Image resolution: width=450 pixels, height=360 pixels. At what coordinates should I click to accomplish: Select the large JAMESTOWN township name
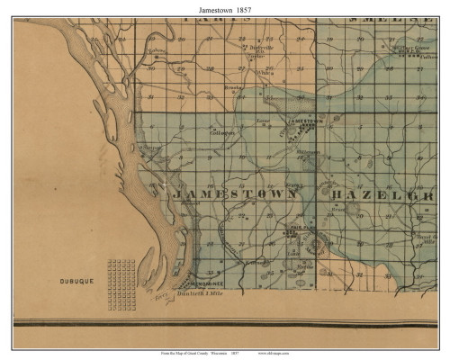tap(234, 193)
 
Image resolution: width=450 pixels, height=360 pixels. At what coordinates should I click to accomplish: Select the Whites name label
tap(264, 73)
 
